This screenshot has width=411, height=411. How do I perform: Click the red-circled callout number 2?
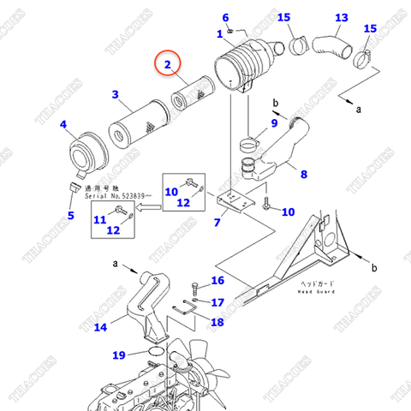pyautogui.click(x=168, y=64)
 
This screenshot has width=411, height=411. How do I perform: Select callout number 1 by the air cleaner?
pyautogui.click(x=219, y=33)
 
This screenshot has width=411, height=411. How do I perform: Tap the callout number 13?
pyautogui.click(x=341, y=17)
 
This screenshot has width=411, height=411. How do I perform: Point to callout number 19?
pyautogui.click(x=119, y=354)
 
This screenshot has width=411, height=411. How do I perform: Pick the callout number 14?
pyautogui.click(x=101, y=326)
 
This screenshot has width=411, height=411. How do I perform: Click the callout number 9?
pyautogui.click(x=275, y=123)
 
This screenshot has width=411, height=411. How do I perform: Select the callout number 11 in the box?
pyautogui.click(x=99, y=219)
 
